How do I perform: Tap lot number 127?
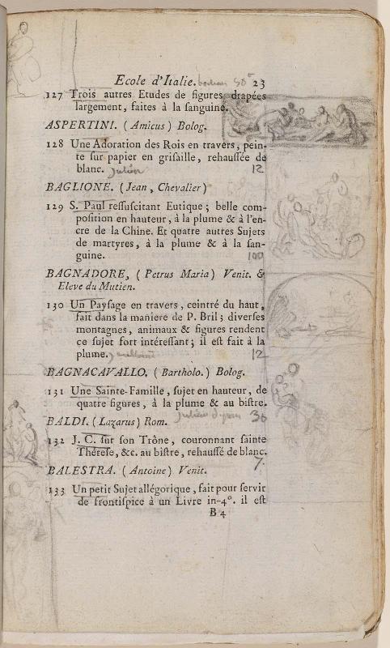(56, 95)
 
